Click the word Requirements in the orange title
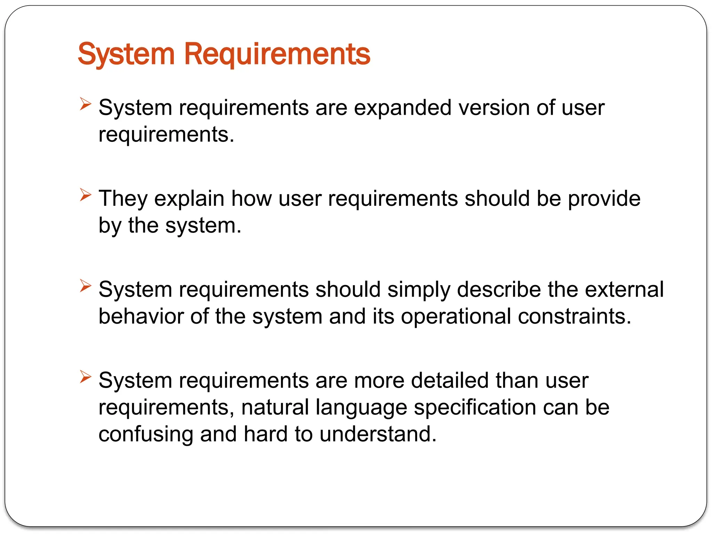tap(277, 54)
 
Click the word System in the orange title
tap(126, 54)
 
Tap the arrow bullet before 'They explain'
tap(85, 195)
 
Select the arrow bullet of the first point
tap(85, 104)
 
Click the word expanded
tap(403, 108)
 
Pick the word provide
tap(604, 199)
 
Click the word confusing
tap(146, 434)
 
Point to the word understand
tap(377, 434)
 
